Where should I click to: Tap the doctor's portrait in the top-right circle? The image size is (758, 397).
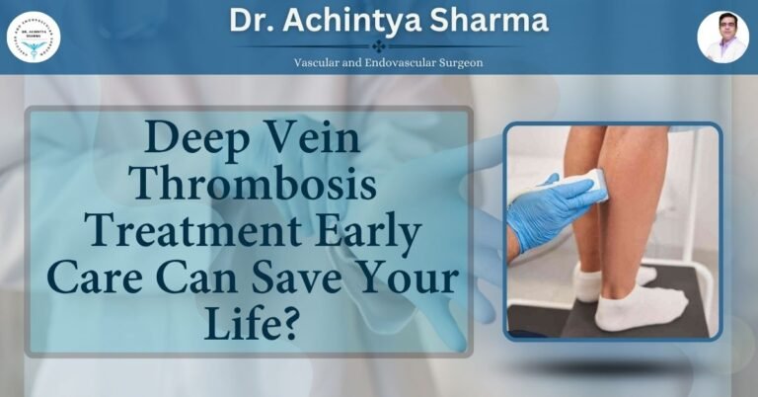pos(722,37)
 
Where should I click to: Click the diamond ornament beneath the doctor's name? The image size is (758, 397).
pos(379,45)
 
